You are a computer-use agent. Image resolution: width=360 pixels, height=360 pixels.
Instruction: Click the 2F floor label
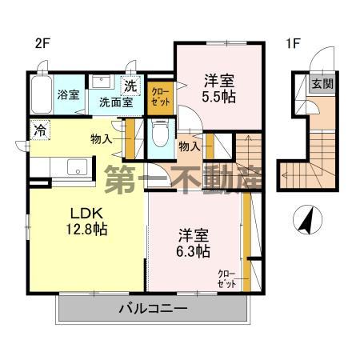tap(42, 43)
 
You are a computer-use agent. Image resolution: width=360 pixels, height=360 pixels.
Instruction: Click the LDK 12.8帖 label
tap(86, 220)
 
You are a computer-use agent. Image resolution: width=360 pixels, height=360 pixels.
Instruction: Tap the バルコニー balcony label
tap(153, 309)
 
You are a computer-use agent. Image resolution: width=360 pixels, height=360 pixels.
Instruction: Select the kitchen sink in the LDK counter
tap(78, 167)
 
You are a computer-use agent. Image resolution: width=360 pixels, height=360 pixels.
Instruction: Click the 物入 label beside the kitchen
tap(102, 140)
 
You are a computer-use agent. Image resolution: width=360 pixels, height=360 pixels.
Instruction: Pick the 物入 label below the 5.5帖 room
tap(190, 147)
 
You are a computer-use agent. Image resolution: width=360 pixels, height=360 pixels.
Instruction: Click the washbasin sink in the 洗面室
tap(101, 83)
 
